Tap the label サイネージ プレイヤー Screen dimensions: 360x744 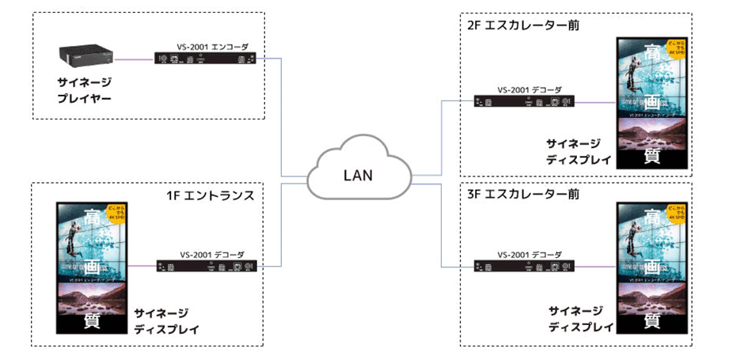coord(84,90)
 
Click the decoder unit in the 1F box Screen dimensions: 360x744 coord(207,267)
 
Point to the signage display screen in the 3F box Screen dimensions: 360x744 coord(651,267)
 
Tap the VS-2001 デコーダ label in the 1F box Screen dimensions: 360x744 coord(212,255)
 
